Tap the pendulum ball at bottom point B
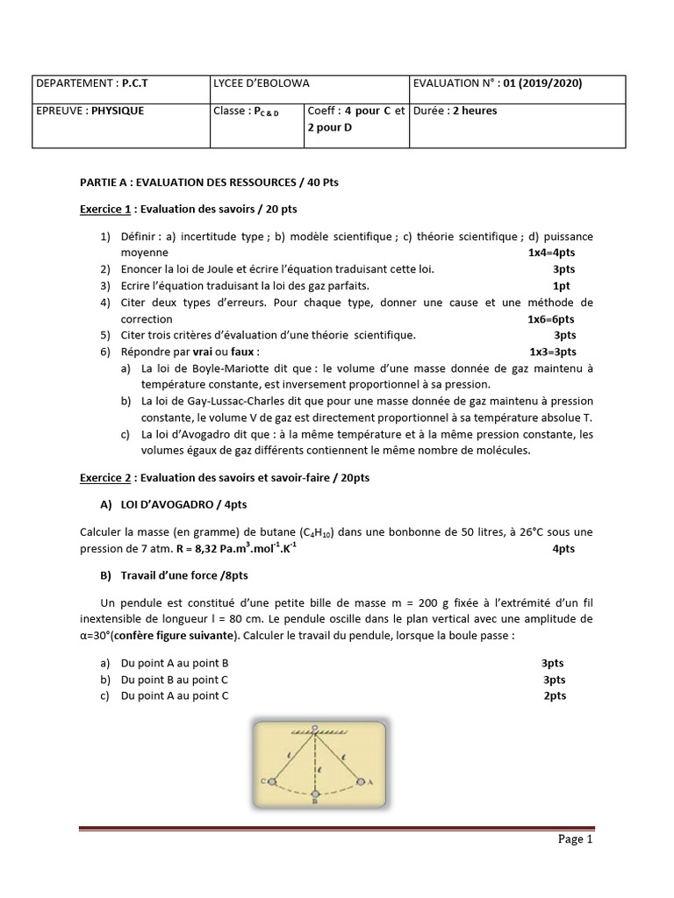(315, 792)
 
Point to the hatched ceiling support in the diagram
(315, 730)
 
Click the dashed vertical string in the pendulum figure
(315, 759)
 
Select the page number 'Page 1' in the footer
(576, 839)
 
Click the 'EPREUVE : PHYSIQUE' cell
(90, 111)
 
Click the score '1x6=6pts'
(551, 319)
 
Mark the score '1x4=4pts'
(551, 252)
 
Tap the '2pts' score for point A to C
(555, 695)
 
